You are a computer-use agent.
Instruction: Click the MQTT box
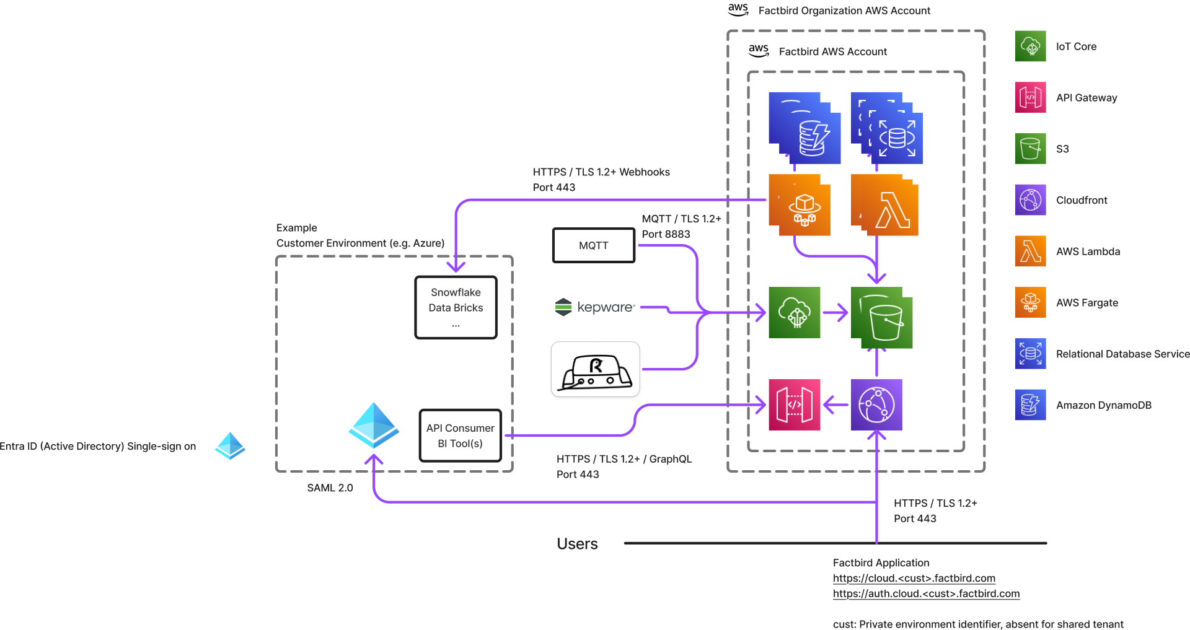[x=593, y=245]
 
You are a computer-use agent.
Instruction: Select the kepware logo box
[x=595, y=307]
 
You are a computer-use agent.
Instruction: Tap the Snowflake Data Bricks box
[x=456, y=307]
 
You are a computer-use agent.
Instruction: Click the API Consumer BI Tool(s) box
[x=460, y=435]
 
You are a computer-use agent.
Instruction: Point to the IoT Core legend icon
[x=1030, y=46]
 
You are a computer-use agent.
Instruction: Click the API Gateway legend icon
[x=1030, y=97]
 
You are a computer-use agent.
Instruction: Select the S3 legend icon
[x=1030, y=149]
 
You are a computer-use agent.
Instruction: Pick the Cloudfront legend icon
[x=1030, y=200]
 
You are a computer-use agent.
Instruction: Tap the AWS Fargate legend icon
[x=1030, y=302]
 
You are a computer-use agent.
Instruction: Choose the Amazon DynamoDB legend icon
[x=1030, y=405]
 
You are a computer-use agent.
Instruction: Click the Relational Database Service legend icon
[x=1030, y=354]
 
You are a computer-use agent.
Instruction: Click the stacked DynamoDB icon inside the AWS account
[x=805, y=128]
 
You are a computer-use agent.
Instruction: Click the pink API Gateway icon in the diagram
[x=794, y=405]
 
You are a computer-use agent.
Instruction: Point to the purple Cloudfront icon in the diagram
[x=876, y=405]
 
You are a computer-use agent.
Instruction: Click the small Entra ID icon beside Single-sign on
[x=230, y=446]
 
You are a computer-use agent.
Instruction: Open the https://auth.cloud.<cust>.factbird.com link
[x=926, y=593]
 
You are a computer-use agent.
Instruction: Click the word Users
[x=576, y=544]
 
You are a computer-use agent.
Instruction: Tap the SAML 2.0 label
[x=330, y=488]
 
